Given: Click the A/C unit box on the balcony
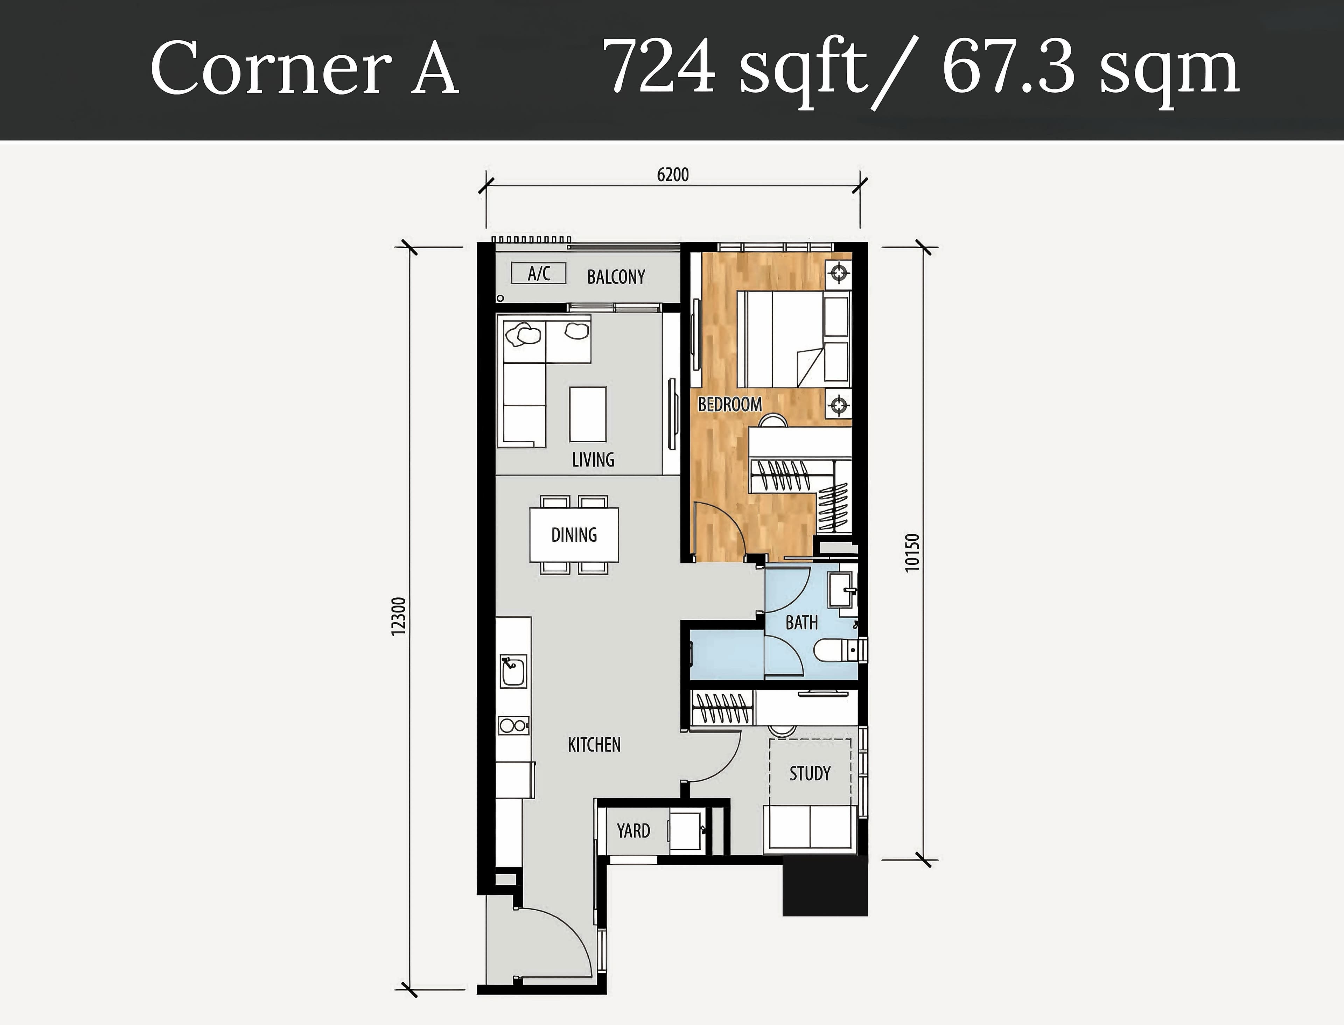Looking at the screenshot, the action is pyautogui.click(x=539, y=273).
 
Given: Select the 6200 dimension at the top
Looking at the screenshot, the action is pyautogui.click(x=673, y=175).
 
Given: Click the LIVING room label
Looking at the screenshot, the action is pyautogui.click(x=593, y=459).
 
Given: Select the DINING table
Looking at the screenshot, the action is pyautogui.click(x=574, y=535).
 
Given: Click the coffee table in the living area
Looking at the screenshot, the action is pyautogui.click(x=588, y=414).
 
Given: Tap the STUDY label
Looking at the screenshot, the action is pyautogui.click(x=810, y=774).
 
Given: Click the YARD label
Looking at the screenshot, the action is pyautogui.click(x=633, y=830).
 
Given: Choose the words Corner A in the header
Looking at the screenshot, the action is pyautogui.click(x=304, y=68).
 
